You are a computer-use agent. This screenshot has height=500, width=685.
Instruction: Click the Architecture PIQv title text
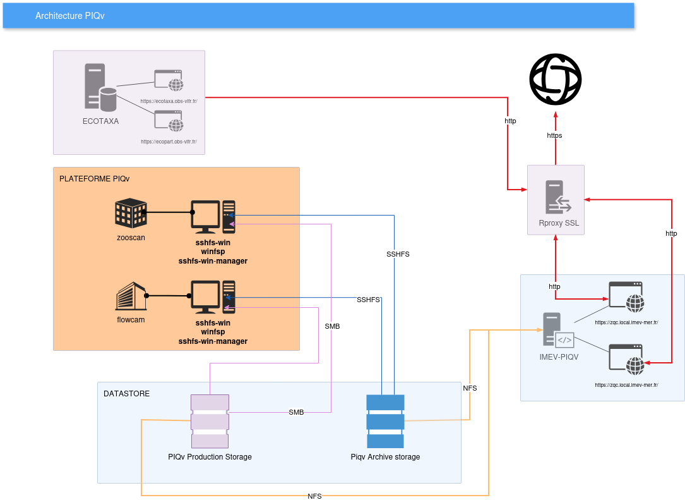[x=70, y=16]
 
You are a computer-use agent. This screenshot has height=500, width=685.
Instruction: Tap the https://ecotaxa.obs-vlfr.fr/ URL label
[x=169, y=101]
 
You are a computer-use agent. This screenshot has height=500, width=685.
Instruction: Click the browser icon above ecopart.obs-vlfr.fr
[x=169, y=120]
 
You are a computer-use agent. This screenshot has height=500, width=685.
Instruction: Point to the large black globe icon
[x=555, y=80]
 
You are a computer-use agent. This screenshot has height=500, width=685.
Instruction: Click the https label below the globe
[x=554, y=135]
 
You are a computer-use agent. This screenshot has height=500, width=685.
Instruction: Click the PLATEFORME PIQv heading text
[x=94, y=179]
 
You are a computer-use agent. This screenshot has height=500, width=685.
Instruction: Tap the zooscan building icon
[x=131, y=214]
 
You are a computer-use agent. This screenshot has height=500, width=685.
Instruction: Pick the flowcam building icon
[x=131, y=296]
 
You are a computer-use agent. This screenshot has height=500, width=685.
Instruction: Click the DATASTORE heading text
[x=127, y=394]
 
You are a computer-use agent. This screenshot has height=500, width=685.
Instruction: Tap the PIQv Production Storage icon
[x=210, y=421]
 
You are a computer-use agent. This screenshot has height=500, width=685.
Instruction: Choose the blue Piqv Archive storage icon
[x=385, y=421]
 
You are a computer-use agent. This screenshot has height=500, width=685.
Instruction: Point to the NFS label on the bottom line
[x=314, y=496]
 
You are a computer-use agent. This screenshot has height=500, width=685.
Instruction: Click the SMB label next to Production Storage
[x=296, y=412]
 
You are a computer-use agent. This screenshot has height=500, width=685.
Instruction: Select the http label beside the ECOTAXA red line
[x=510, y=121]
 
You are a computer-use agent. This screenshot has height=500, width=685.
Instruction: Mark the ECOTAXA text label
[x=100, y=121]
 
